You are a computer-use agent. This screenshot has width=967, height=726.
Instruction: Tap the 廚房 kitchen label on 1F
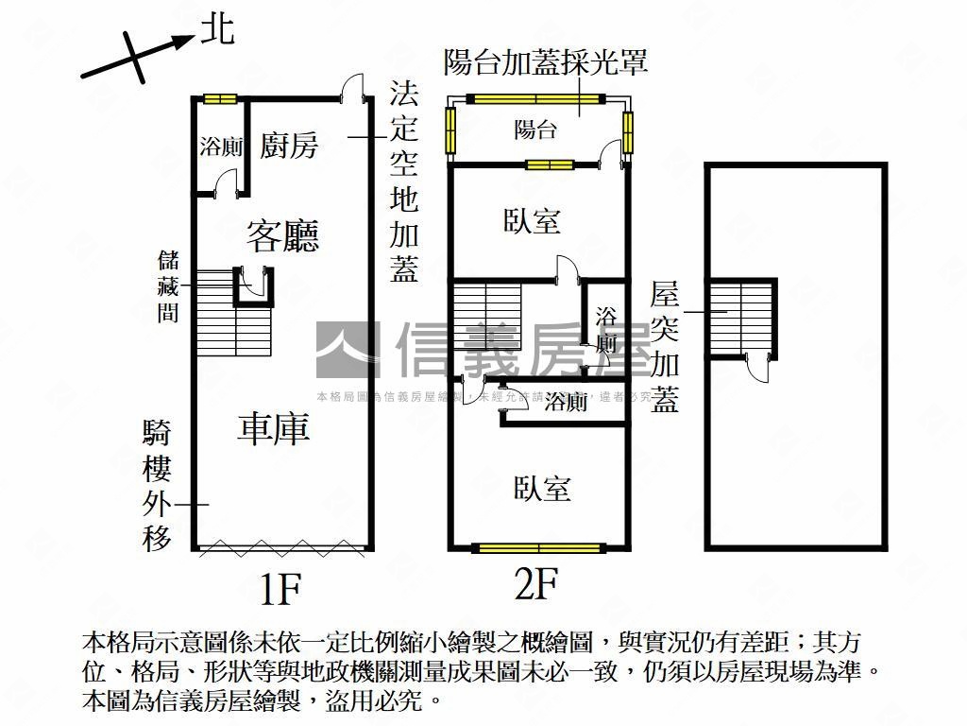pyautogui.click(x=289, y=146)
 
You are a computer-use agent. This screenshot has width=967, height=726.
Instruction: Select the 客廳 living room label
pyautogui.click(x=282, y=235)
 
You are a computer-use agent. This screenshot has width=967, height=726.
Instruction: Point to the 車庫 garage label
pyautogui.click(x=274, y=429)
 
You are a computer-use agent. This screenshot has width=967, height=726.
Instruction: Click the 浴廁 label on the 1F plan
pyautogui.click(x=222, y=147)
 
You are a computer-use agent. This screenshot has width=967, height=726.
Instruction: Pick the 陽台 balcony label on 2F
pyautogui.click(x=535, y=130)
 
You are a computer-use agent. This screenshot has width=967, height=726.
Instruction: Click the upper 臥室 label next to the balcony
pyautogui.click(x=532, y=222)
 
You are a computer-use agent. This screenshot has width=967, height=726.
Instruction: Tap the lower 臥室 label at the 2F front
pyautogui.click(x=542, y=489)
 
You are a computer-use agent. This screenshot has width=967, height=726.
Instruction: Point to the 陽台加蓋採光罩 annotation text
pyautogui.click(x=546, y=63)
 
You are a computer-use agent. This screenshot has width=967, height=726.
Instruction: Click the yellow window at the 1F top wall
pyautogui.click(x=221, y=97)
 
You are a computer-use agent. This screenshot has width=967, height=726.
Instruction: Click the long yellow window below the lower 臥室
pyautogui.click(x=538, y=547)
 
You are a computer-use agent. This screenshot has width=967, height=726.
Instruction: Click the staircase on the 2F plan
pyautogui.click(x=486, y=317)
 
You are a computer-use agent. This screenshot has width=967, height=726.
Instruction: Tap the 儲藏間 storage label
pyautogui.click(x=168, y=286)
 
